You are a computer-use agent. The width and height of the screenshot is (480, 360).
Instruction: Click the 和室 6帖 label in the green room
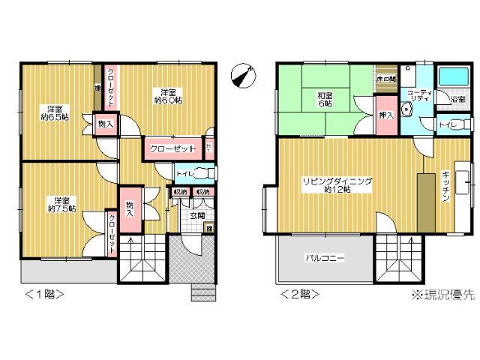tap(325, 100)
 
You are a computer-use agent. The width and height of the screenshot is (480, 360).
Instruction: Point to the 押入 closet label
tap(385, 116)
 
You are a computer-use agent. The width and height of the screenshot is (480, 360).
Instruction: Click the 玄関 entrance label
tap(196, 216)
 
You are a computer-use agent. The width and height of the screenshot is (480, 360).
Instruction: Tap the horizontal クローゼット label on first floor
tap(172, 148)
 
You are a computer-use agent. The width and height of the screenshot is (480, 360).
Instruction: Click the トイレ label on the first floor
tap(184, 175)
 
